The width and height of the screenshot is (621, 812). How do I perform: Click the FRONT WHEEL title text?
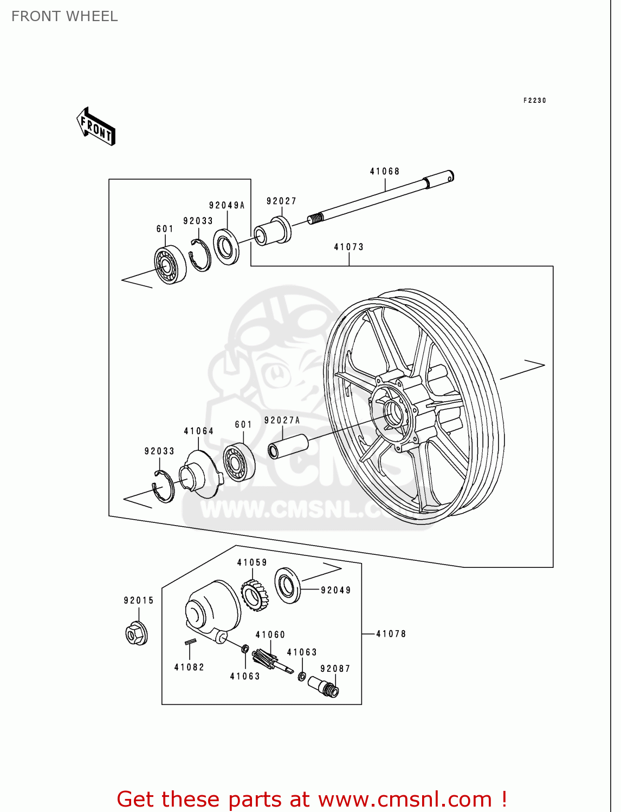pyautogui.click(x=64, y=16)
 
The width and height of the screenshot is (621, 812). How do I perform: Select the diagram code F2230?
pyautogui.click(x=534, y=100)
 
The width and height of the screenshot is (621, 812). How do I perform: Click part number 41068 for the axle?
pyautogui.click(x=385, y=172)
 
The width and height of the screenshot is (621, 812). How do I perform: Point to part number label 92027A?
pyautogui.click(x=282, y=420)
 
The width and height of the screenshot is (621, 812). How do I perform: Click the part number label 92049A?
pyautogui.click(x=227, y=205)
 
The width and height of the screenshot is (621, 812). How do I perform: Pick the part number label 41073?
pyautogui.click(x=348, y=247)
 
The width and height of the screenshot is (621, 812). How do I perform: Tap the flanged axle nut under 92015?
pyautogui.click(x=137, y=633)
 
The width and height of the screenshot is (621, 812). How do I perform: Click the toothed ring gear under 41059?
pyautogui.click(x=255, y=595)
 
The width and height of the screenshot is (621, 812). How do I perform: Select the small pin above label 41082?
pyautogui.click(x=190, y=643)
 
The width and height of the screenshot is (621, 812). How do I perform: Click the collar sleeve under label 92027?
pyautogui.click(x=273, y=231)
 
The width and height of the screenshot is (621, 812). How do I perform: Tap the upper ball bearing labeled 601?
pyautogui.click(x=170, y=264)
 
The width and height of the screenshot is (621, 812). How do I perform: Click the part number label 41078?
pyautogui.click(x=391, y=633)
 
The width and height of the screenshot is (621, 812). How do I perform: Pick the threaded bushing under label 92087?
pyautogui.click(x=324, y=686)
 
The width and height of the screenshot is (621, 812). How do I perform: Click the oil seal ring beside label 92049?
pyautogui.click(x=287, y=586)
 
